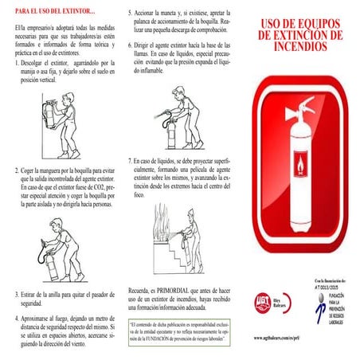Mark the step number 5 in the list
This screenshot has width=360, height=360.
coord(131,15)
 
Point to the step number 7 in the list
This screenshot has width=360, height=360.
coord(131,161)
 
